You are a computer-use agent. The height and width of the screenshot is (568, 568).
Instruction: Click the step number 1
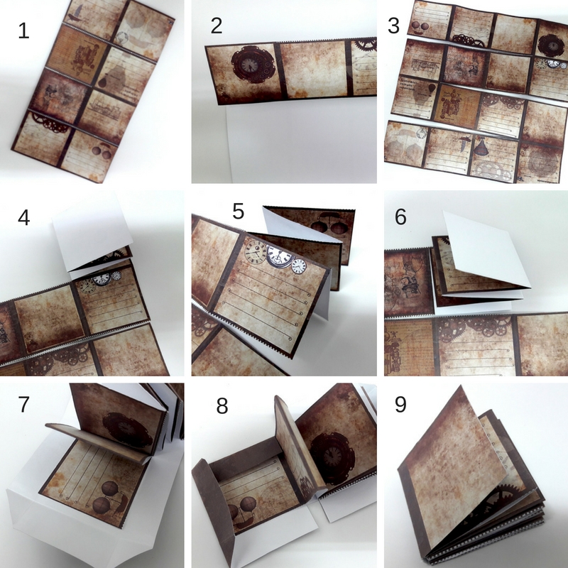click(x=23, y=31)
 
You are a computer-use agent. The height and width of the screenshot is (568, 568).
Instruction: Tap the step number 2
click(x=217, y=26)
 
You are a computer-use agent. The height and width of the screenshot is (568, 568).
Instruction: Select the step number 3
click(x=393, y=26)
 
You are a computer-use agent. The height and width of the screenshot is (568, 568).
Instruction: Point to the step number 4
click(x=24, y=218)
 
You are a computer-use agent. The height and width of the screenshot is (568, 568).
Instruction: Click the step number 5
click(x=238, y=211)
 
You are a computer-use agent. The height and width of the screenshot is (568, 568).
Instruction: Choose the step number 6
click(x=400, y=217)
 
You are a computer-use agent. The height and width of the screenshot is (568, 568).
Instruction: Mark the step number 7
click(x=23, y=404)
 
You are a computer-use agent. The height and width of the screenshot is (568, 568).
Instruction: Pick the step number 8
click(x=222, y=406)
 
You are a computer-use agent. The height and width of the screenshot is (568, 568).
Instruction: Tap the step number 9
click(x=400, y=404)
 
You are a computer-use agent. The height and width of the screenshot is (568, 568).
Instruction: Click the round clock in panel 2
click(x=251, y=65)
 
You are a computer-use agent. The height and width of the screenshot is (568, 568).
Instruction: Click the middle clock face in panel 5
click(x=279, y=256)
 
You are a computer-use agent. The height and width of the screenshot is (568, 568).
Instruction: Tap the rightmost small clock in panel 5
click(x=299, y=266)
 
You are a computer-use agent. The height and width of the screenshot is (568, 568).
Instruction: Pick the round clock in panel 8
click(x=332, y=457)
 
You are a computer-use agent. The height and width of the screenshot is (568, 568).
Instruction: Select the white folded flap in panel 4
click(x=92, y=232)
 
